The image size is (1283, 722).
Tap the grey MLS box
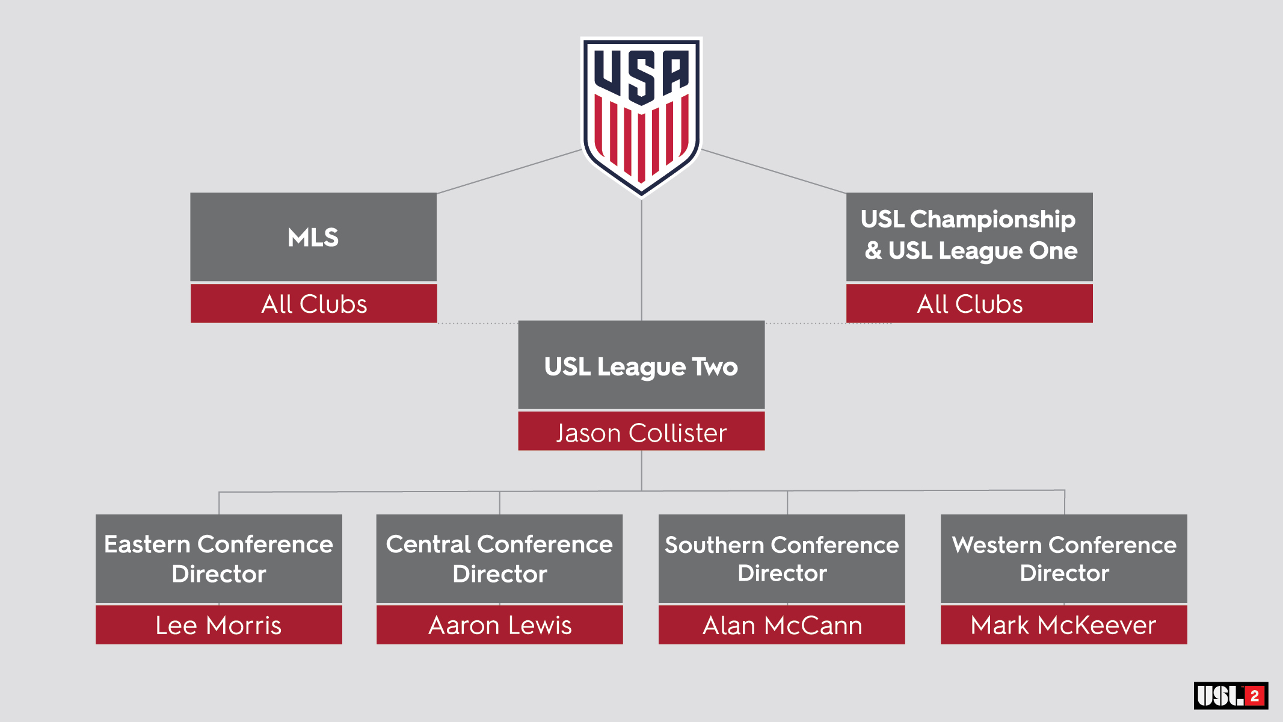click(313, 237)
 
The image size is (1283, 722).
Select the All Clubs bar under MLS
click(313, 304)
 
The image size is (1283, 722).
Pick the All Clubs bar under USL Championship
click(969, 304)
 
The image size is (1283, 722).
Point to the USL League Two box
click(641, 365)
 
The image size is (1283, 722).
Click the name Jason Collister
click(641, 433)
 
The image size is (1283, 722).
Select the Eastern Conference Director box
click(219, 558)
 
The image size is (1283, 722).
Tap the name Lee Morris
click(219, 625)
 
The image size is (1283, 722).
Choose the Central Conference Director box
click(499, 558)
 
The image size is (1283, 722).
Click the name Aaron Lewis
click(499, 625)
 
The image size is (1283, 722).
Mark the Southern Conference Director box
click(781, 558)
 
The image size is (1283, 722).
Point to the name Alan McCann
click(781, 625)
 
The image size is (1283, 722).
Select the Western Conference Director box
click(1063, 558)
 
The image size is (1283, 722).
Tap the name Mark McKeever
click(1063, 625)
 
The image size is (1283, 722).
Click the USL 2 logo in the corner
click(1231, 696)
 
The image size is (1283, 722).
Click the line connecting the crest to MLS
click(509, 171)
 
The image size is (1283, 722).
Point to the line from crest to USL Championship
click(774, 171)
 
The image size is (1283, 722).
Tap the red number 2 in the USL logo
click(1255, 696)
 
